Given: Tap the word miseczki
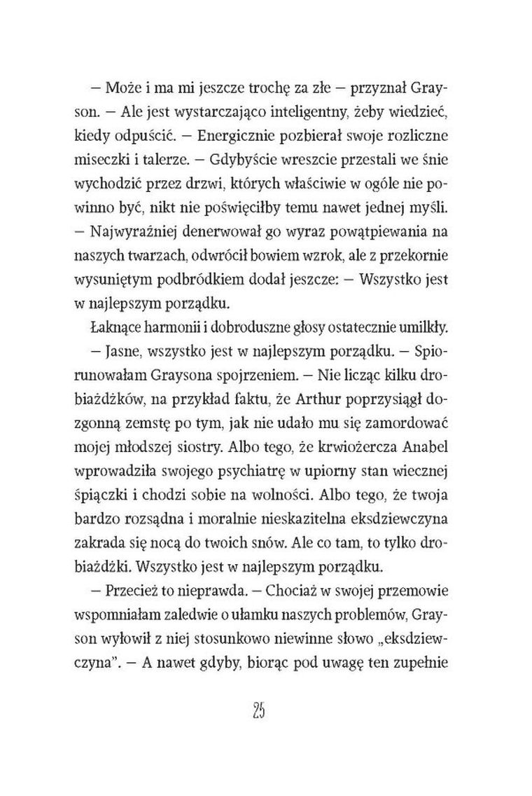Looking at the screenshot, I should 115,159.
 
